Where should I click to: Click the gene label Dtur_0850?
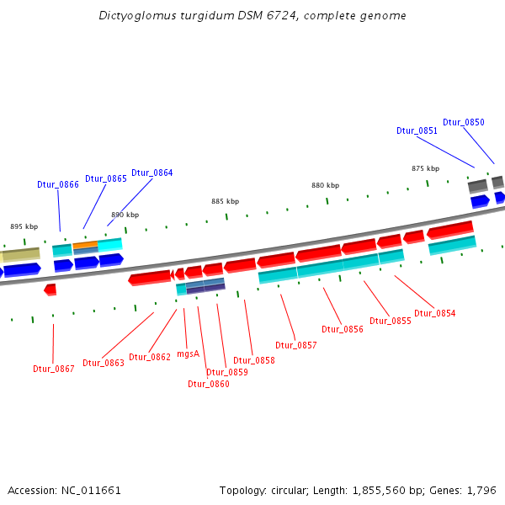pos(463,122)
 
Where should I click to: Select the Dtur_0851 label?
pos(417,130)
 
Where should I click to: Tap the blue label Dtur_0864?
pos(151,173)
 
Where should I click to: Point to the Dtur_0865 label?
pos(106,178)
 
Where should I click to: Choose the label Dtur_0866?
pos(58,184)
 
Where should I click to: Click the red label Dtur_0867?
pos(54,369)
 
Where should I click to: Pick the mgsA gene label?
pos(189,353)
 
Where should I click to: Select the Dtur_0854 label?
pos(434,313)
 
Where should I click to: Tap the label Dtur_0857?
pos(296,345)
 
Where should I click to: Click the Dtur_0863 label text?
pos(103,363)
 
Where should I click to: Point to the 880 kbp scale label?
pos(325,185)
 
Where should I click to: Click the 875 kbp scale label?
pos(425,168)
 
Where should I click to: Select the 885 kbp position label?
pos(225,201)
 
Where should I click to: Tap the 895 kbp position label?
pos(24,226)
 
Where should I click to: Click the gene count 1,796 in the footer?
pos(484,490)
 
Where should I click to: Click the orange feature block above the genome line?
pos(85,246)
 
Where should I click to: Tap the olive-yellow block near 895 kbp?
pos(20,253)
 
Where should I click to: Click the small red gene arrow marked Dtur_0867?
pos(50,290)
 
